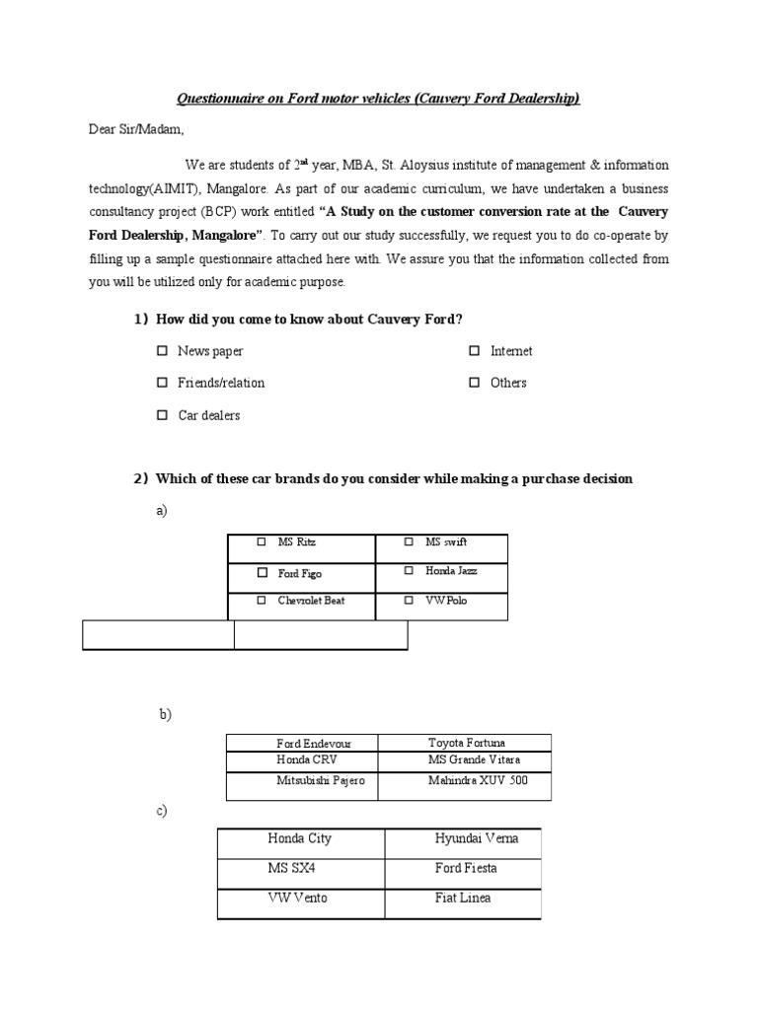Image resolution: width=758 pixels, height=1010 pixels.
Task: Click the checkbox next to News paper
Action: (x=162, y=351)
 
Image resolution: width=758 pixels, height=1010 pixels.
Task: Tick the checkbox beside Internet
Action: (x=475, y=351)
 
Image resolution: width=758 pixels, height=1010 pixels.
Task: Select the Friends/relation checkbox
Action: (x=162, y=383)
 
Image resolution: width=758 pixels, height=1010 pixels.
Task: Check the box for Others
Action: (x=475, y=383)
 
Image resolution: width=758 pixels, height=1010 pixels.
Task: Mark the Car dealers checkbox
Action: (x=162, y=415)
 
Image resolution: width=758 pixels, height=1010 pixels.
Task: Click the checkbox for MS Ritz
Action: (x=262, y=542)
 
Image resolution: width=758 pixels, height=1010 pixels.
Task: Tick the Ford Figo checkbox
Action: (x=262, y=572)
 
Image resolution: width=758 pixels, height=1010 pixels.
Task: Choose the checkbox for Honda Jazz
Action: (x=409, y=571)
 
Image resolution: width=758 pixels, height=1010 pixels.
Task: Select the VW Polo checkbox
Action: (x=409, y=600)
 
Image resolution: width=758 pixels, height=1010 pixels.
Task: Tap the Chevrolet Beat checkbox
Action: (x=262, y=600)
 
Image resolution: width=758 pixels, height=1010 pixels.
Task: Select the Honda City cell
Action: (x=300, y=839)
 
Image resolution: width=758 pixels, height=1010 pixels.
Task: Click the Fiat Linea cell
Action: (x=462, y=900)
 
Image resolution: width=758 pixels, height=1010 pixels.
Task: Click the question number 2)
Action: (x=140, y=478)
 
